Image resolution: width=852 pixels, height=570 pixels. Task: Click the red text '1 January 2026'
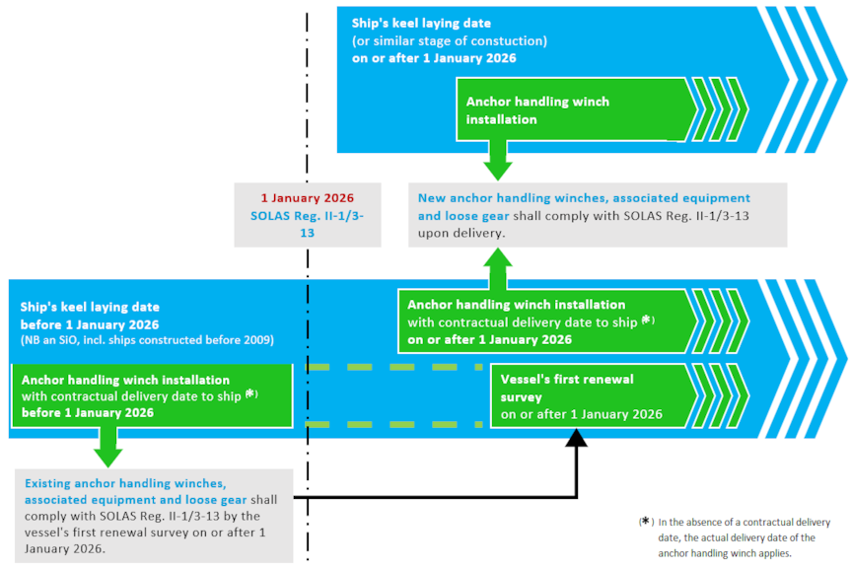pos(306,197)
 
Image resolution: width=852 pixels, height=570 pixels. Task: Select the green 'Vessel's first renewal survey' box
pos(582,396)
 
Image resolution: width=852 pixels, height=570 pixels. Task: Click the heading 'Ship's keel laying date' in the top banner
pos(421,23)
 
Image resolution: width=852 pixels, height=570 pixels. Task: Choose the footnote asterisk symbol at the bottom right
pos(646,522)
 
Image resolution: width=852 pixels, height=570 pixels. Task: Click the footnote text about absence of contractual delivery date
pos(745,537)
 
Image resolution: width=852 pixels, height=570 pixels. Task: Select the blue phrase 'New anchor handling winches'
pos(503,198)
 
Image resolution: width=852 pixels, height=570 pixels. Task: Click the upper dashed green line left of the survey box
pos(394,366)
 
